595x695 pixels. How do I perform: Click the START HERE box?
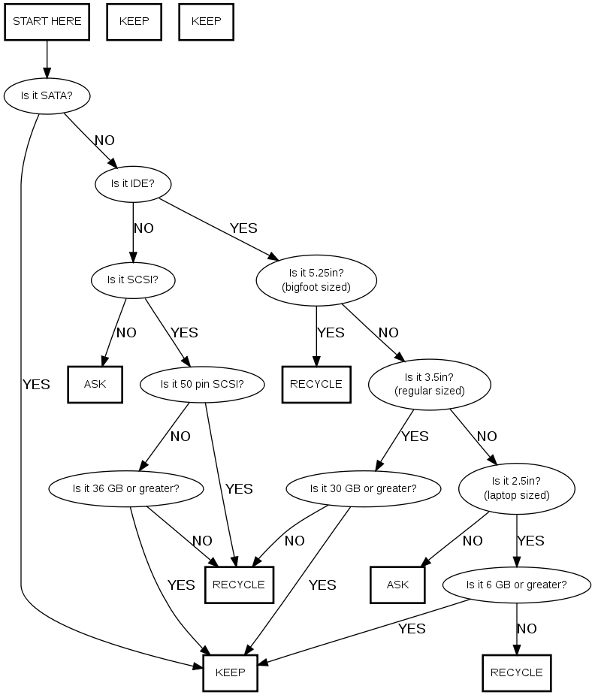click(47, 21)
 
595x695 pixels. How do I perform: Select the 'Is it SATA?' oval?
click(47, 95)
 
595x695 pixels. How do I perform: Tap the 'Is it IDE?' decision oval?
click(133, 183)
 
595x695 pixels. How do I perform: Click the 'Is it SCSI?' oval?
click(133, 280)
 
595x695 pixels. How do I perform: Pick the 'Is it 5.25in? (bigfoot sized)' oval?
click(316, 280)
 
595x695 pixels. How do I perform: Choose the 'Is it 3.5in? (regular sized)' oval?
click(430, 384)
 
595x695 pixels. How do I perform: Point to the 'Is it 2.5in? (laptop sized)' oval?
click(517, 488)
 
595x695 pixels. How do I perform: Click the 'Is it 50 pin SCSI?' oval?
click(202, 384)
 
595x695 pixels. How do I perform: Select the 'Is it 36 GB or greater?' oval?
click(125, 488)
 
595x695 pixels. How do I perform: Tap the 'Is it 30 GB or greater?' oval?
click(363, 488)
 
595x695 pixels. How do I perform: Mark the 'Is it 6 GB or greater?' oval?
click(517, 585)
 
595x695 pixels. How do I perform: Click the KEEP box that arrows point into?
click(230, 672)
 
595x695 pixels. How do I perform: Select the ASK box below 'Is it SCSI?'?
click(95, 384)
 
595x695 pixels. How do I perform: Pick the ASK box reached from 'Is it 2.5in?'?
click(397, 585)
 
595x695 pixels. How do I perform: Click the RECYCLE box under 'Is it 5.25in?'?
click(316, 384)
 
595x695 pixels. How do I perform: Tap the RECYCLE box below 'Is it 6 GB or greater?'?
click(517, 672)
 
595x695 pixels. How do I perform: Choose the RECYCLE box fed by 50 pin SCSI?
click(239, 585)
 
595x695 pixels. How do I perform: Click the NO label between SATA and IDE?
click(104, 141)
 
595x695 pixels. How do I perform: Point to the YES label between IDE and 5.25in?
click(243, 228)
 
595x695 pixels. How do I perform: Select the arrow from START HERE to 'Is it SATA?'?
click(47, 58)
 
